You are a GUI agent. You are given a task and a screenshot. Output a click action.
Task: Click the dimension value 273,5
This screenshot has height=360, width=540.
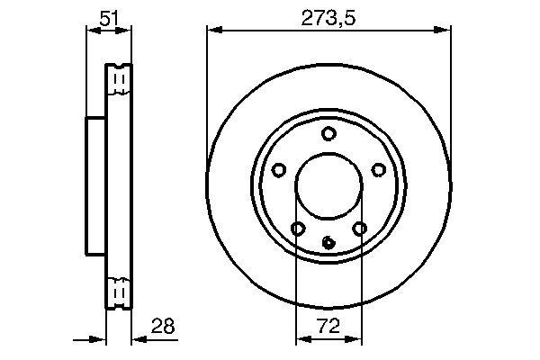click(328, 15)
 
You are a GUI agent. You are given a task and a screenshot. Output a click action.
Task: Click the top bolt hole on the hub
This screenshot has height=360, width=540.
click(328, 134)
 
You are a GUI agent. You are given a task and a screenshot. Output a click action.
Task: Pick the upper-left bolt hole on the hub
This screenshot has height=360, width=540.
click(279, 170)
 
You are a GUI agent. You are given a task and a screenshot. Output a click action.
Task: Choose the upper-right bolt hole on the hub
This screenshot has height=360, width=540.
click(378, 170)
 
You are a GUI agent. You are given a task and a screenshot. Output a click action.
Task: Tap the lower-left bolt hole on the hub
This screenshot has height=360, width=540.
click(298, 229)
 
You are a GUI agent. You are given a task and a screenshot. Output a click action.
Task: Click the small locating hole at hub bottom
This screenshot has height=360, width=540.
click(328, 241)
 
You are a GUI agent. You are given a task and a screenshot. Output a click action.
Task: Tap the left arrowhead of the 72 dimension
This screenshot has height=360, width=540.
click(301, 339)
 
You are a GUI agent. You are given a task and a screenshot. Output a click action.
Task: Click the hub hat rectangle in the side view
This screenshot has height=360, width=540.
click(96, 186)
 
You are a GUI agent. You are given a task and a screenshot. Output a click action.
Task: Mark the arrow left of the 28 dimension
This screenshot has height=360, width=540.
click(99, 339)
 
